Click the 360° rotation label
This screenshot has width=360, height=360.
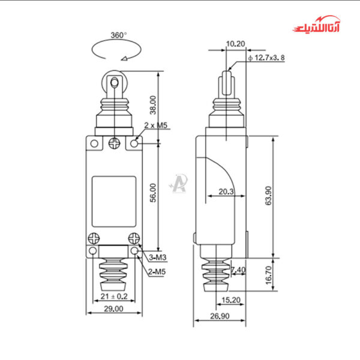click(118, 35)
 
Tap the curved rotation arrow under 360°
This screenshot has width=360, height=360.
click(118, 53)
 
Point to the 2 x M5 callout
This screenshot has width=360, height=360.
click(155, 125)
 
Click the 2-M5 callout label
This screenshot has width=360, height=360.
click(158, 272)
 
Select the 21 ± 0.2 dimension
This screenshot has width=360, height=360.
click(113, 296)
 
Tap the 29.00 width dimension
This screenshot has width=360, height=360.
click(113, 308)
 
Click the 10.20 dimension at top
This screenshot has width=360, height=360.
click(236, 44)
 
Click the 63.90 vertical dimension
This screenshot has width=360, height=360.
click(269, 195)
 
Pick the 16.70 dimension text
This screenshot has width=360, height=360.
click(269, 275)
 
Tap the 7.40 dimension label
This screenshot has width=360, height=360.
click(238, 270)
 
